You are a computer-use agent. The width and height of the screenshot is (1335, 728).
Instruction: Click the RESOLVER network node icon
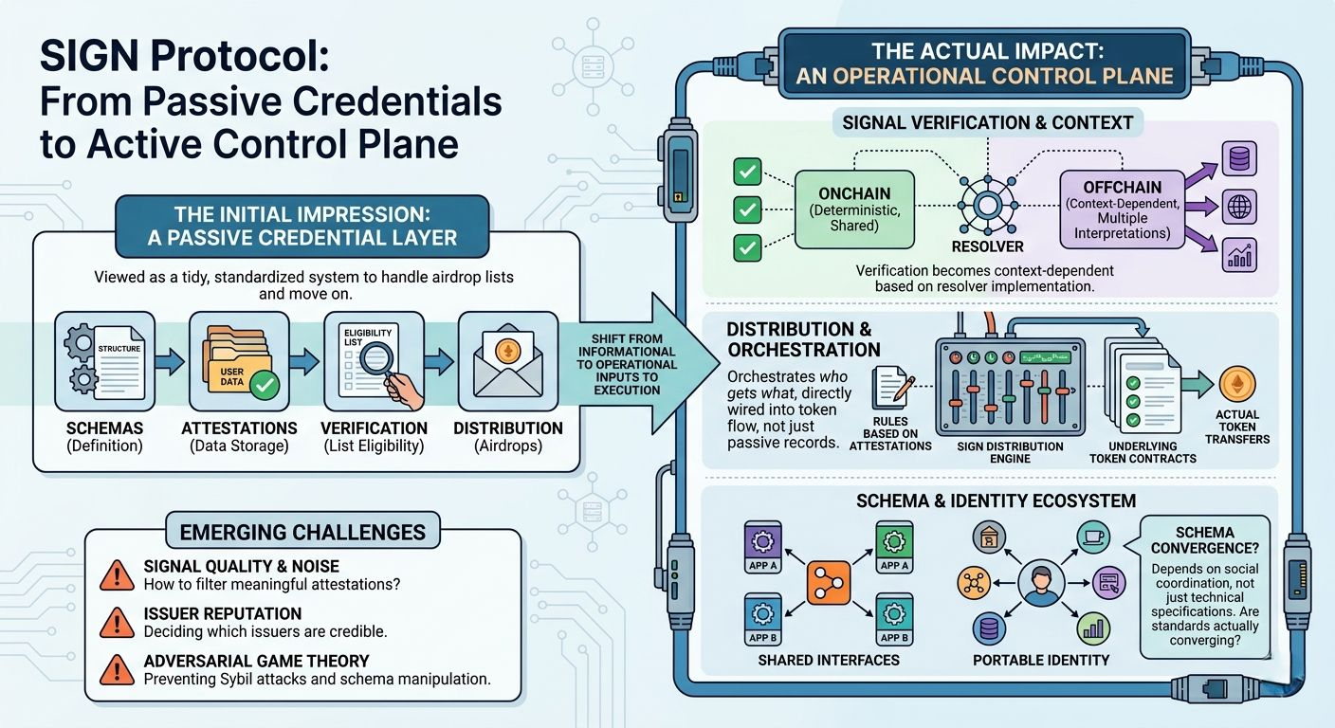tap(987, 205)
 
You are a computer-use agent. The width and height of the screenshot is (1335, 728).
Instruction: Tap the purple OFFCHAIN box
tap(1121, 209)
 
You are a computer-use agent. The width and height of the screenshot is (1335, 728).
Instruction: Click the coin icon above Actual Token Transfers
tap(1236, 383)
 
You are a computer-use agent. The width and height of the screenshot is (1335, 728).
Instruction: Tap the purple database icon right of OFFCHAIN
tap(1239, 160)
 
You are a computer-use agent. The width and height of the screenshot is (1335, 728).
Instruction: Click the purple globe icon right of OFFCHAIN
tap(1239, 208)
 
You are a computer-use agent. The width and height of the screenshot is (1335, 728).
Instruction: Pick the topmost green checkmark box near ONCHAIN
tap(748, 173)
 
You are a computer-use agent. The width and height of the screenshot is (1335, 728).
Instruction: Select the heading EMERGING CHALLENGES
tap(303, 532)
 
